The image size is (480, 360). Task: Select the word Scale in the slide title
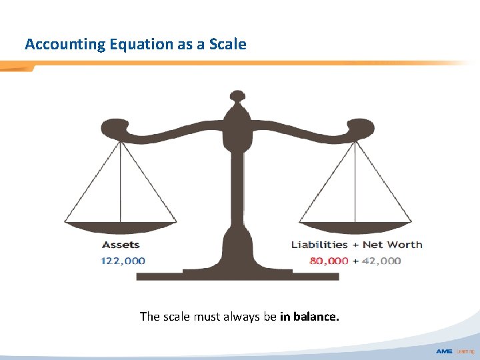[x=227, y=45]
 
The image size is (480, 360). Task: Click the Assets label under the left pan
[x=121, y=245]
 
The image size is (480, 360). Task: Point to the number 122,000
[x=123, y=261]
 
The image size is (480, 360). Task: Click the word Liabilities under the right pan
[x=319, y=245]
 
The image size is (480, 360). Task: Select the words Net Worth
[x=393, y=245]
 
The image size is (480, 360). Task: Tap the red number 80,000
[x=329, y=261]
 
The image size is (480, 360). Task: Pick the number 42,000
[x=381, y=261]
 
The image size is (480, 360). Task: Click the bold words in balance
[x=309, y=317]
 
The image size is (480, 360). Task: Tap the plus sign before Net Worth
[x=355, y=245]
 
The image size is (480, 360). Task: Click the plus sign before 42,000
[x=356, y=261]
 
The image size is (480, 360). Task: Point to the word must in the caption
[x=209, y=317]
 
